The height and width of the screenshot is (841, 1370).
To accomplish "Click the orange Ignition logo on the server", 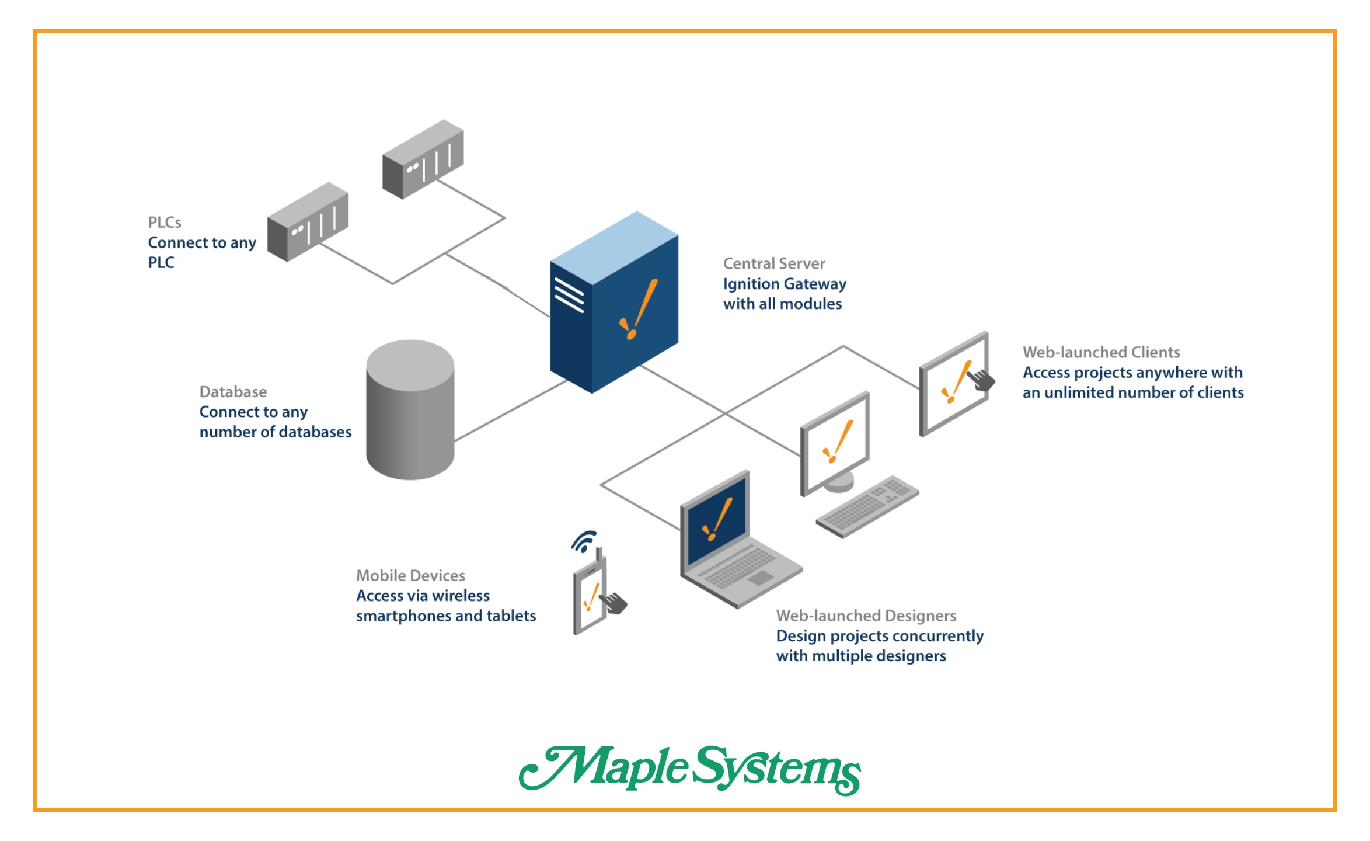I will tap(638, 309).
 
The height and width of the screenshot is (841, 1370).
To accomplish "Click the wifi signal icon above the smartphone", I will tap(584, 542).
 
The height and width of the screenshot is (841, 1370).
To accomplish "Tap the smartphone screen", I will tap(590, 598).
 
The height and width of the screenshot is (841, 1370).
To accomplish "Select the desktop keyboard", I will tap(867, 506).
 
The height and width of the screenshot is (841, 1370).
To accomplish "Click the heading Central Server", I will tap(773, 263).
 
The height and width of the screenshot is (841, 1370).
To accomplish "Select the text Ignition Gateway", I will tap(784, 284).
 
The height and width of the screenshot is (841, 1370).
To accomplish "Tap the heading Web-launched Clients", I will tap(1100, 352).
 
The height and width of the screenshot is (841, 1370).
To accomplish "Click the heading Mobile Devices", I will tap(410, 575).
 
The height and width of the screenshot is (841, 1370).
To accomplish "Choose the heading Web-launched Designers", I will tap(866, 616).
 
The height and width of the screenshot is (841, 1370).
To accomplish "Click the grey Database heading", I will tap(233, 391).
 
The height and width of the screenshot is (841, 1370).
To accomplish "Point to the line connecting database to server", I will tap(511, 410).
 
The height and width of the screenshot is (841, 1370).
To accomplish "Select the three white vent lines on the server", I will tap(569, 295).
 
